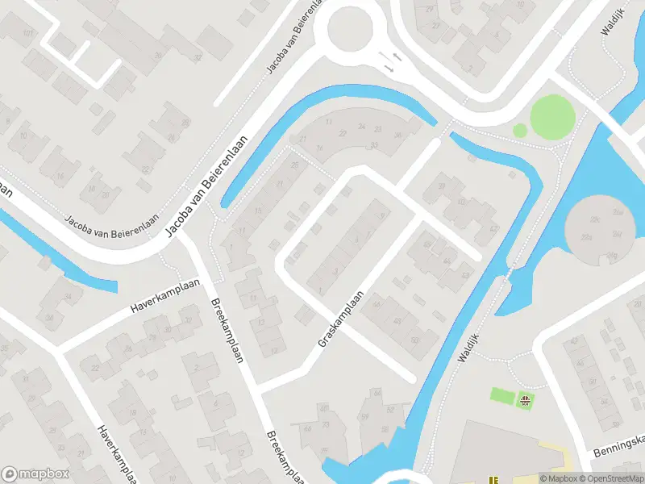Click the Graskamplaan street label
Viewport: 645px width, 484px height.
click(x=342, y=320)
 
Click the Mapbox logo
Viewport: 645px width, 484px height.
click(x=35, y=474)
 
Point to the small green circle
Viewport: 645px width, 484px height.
click(x=520, y=129)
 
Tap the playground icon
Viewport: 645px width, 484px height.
click(x=526, y=399)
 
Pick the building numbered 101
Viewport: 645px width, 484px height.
click(x=29, y=33)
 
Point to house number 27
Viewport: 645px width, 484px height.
click(x=436, y=26)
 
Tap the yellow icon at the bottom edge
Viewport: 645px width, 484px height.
click(x=493, y=479)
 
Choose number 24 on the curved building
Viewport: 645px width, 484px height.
click(x=362, y=127)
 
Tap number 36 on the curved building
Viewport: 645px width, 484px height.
click(x=397, y=135)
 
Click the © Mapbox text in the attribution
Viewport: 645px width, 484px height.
click(x=559, y=478)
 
